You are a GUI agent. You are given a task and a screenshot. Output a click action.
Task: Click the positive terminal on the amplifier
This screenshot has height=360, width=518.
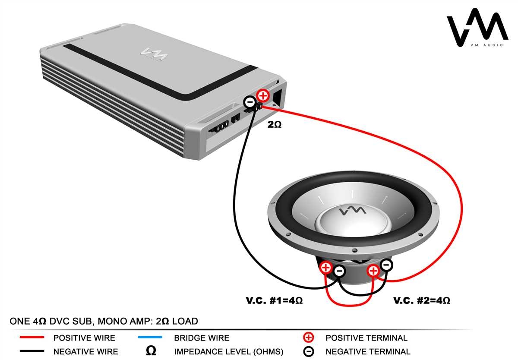pyautogui.click(x=263, y=95)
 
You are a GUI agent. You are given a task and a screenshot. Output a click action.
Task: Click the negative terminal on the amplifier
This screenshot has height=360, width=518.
pyautogui.click(x=250, y=102)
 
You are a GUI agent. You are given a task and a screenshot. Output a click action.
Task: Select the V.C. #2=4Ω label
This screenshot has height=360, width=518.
pyautogui.click(x=421, y=300)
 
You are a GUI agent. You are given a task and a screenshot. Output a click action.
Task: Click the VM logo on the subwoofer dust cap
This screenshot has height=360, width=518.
pyautogui.click(x=352, y=211)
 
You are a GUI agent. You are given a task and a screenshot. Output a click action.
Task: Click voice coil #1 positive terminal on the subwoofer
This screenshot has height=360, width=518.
pyautogui.click(x=326, y=268)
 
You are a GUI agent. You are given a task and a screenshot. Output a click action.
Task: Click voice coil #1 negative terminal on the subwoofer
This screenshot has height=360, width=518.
pyautogui.click(x=340, y=272)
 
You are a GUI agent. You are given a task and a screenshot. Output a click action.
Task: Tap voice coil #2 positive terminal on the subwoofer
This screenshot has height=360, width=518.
pyautogui.click(x=373, y=271)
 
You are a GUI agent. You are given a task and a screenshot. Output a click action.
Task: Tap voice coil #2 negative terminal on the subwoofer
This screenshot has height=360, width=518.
pyautogui.click(x=387, y=265)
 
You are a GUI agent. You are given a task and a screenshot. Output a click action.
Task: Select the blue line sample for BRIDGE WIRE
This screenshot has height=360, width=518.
pyautogui.click(x=150, y=338)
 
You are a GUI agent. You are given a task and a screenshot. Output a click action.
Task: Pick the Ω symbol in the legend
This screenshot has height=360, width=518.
pyautogui.click(x=151, y=351)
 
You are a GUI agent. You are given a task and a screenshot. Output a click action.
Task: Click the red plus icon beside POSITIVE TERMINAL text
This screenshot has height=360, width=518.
pyautogui.click(x=309, y=338)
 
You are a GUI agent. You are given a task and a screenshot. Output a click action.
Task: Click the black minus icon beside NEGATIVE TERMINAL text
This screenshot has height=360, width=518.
pyautogui.click(x=309, y=351)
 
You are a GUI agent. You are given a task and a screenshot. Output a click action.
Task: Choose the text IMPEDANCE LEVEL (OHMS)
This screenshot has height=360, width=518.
pyautogui.click(x=228, y=352)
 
